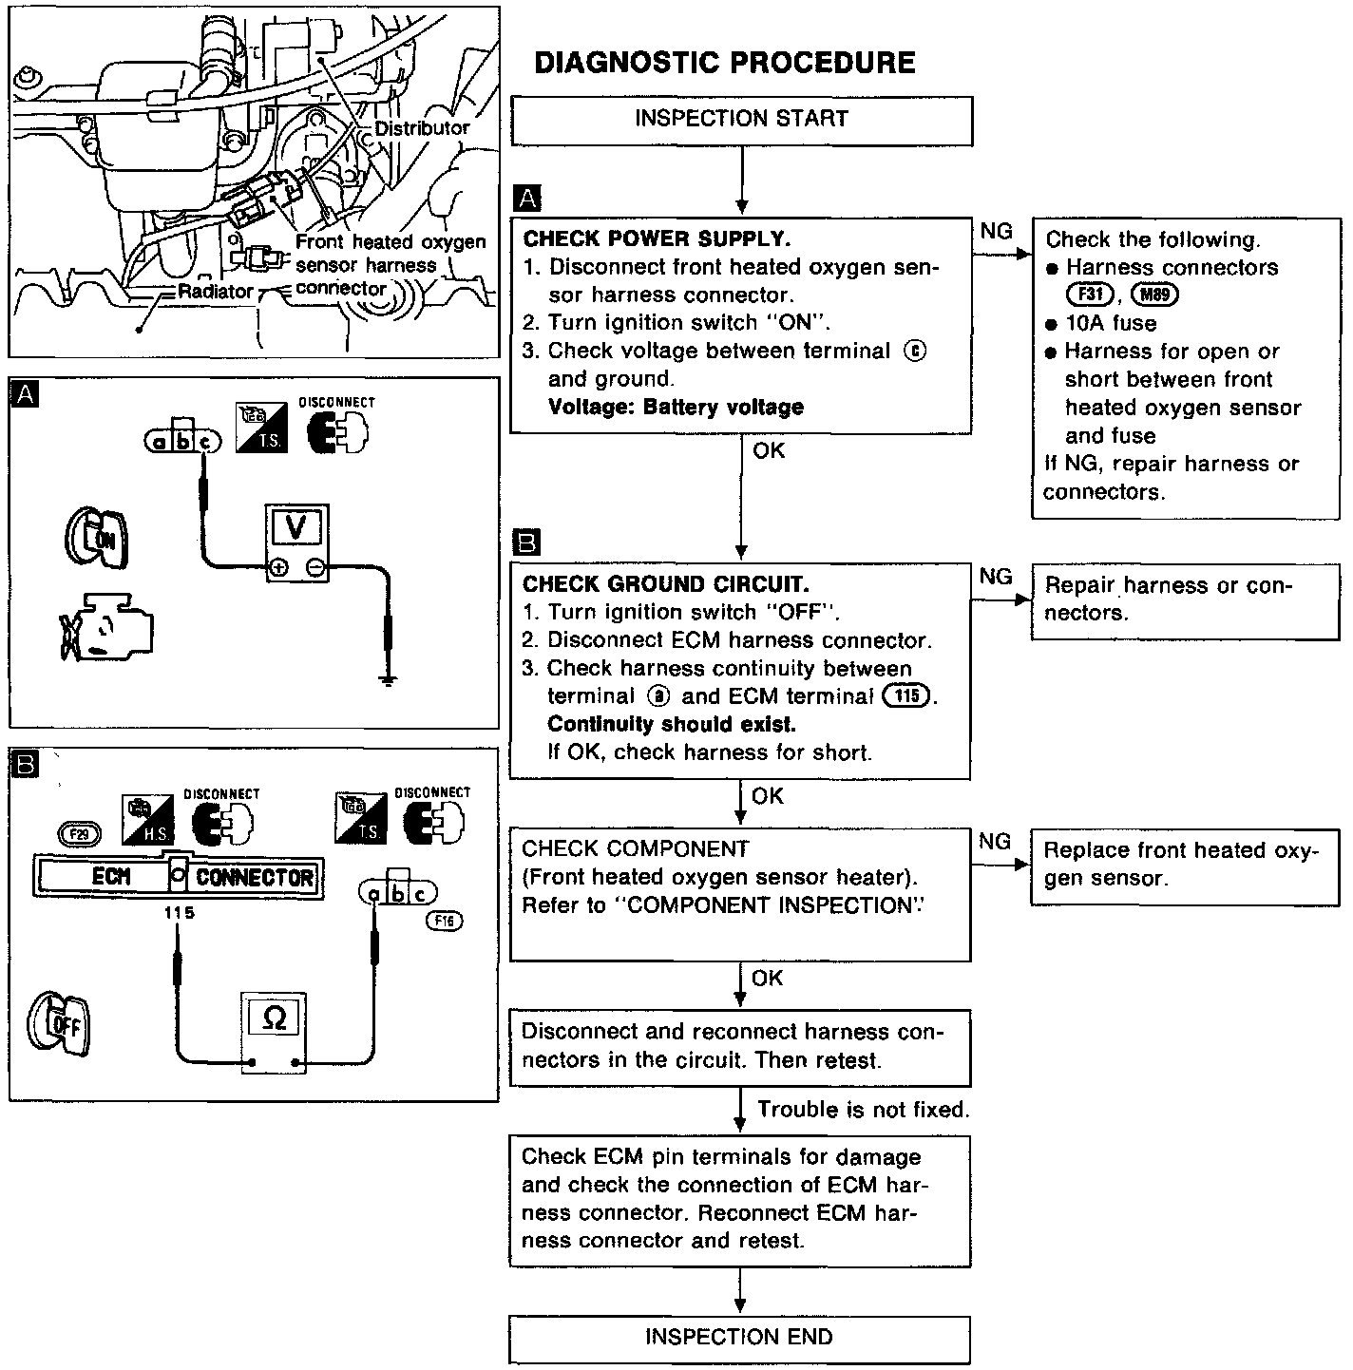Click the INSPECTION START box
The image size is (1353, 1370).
pos(741,120)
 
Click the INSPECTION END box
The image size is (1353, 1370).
pos(739,1338)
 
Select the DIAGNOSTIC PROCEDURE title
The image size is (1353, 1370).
pos(725,63)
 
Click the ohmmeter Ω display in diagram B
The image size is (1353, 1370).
pos(274,1018)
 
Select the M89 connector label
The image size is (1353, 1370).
pos(1154,295)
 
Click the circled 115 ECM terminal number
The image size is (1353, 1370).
pos(907,695)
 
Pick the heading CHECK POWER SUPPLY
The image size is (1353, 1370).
pos(657,238)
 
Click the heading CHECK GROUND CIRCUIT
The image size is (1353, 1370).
pos(665,583)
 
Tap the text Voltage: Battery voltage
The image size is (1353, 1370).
pos(676,408)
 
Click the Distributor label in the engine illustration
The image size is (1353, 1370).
pos(421,127)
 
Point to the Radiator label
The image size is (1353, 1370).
pos(215,292)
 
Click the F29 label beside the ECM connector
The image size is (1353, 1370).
pos(80,835)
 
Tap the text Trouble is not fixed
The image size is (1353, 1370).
pos(863,1110)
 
